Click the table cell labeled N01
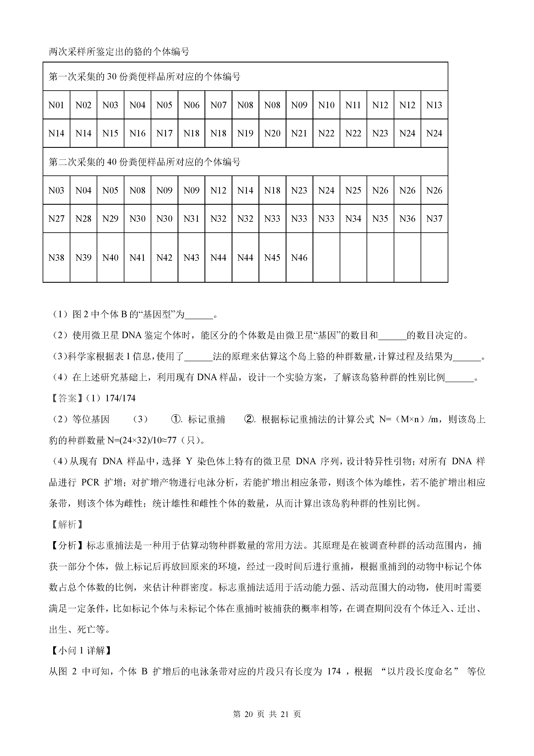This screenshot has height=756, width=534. coord(56,105)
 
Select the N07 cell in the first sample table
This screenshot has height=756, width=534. coord(218,105)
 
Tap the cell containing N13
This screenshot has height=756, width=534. coord(434,105)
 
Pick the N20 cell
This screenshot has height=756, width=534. coord(272,133)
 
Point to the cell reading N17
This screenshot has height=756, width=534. coord(164,133)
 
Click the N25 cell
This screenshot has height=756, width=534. coord(353,190)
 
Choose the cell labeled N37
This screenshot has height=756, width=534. coord(434,219)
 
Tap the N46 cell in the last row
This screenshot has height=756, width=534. coord(299,258)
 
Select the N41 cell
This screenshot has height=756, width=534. coord(138,258)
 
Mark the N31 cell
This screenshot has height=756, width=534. coord(191,219)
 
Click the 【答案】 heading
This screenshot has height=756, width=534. coord(67,398)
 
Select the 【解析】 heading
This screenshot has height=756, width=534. coord(67,525)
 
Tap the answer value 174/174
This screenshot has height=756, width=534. coord(120,398)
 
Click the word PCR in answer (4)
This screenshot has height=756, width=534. coord(90,482)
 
